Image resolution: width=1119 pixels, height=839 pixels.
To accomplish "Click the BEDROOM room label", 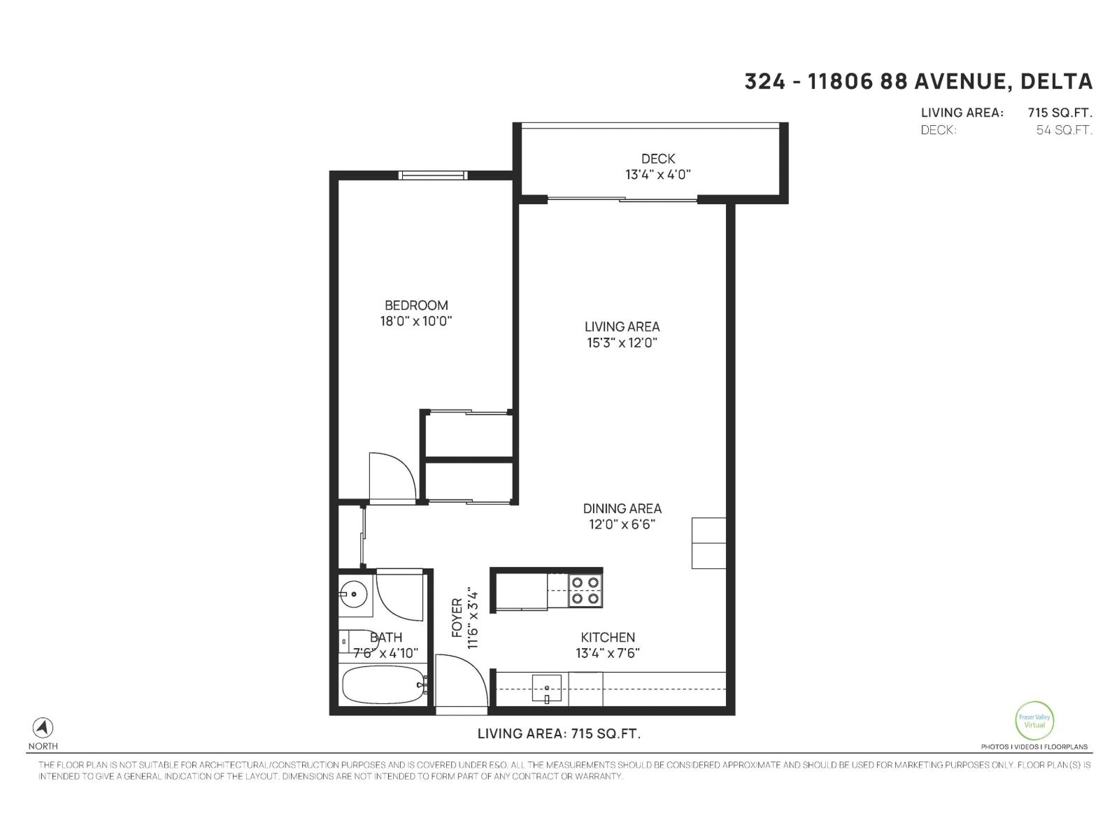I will [x=416, y=306].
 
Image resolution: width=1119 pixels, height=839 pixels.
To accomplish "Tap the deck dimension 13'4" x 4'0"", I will [x=657, y=175].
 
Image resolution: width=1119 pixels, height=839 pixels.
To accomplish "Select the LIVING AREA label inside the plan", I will [x=622, y=327].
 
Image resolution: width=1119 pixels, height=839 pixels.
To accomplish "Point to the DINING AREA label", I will [x=622, y=508].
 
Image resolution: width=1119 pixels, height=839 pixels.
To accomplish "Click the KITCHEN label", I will [x=608, y=637].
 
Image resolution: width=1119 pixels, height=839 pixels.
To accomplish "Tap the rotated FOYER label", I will [x=457, y=618].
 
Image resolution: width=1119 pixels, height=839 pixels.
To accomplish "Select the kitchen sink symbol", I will [x=547, y=689].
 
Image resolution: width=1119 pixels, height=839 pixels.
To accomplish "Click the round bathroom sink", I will [x=355, y=595].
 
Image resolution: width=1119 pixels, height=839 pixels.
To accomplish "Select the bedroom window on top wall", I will [x=432, y=175].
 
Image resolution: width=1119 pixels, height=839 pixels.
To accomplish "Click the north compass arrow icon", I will [x=43, y=728].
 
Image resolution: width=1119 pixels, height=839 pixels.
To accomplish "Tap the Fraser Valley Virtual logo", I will [x=1034, y=720].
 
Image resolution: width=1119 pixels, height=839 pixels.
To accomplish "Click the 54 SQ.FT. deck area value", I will [x=1064, y=130].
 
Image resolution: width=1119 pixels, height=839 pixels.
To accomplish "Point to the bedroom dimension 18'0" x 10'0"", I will [x=416, y=322].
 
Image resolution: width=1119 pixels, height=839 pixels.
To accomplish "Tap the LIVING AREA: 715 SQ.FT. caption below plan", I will [x=559, y=733].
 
